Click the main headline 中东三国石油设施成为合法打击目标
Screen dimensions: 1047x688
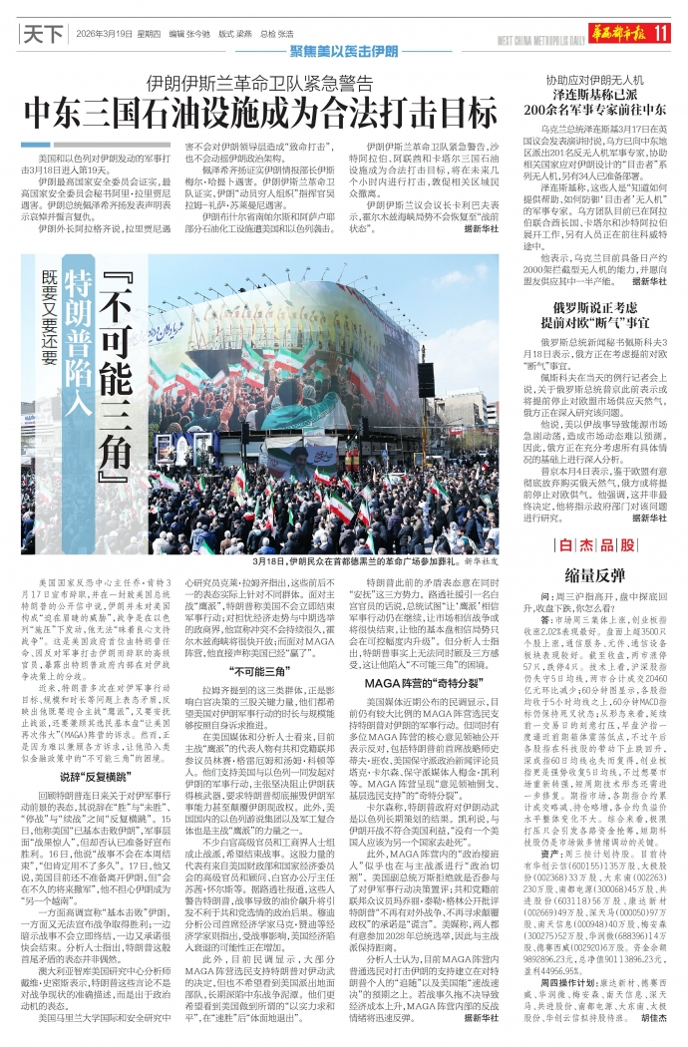click(x=262, y=109)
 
